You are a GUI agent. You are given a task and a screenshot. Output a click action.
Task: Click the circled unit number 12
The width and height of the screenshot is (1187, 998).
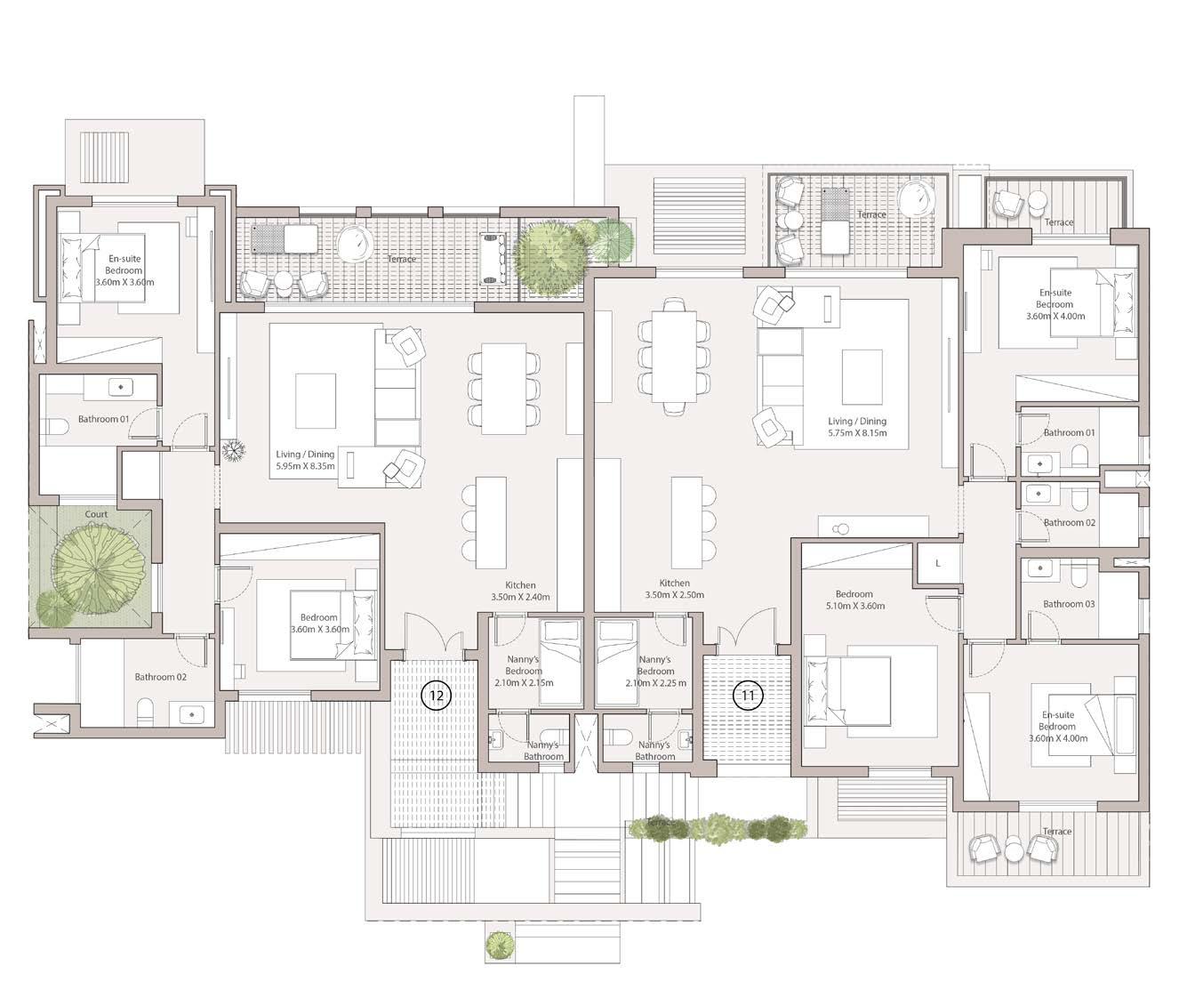[x=436, y=695]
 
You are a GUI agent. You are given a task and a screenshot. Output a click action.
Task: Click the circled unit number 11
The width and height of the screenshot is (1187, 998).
[x=748, y=695]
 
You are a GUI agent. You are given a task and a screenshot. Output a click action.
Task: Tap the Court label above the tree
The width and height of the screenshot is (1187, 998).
[x=96, y=514]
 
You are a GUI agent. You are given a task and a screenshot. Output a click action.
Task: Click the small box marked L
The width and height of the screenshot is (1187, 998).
[x=938, y=564]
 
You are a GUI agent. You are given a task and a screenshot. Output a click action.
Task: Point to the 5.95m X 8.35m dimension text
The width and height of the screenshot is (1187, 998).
[x=305, y=466]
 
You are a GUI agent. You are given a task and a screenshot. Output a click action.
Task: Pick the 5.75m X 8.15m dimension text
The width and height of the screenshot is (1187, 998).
[x=857, y=433]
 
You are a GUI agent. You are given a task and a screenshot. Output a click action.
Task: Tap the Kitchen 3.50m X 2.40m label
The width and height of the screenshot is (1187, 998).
[x=520, y=591]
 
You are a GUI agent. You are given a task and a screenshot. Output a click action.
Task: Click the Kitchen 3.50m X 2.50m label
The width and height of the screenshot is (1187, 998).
[x=674, y=589]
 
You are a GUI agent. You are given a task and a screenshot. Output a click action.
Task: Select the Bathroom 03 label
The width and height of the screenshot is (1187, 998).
[x=1069, y=604]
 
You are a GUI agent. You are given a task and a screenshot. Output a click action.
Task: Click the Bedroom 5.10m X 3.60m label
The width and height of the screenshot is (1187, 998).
[x=854, y=600]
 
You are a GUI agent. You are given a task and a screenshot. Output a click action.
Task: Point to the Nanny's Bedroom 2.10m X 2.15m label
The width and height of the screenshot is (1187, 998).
[x=524, y=671]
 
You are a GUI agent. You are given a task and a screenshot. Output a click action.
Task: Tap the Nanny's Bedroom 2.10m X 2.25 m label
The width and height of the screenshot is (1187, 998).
[x=655, y=671]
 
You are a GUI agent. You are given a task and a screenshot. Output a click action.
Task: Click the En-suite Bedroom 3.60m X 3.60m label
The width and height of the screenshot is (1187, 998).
[x=124, y=270]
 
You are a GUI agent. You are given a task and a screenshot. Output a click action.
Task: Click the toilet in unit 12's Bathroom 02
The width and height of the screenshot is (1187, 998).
[x=145, y=712]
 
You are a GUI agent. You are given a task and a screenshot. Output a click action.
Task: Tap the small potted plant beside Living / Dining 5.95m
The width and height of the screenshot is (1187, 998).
[x=233, y=451]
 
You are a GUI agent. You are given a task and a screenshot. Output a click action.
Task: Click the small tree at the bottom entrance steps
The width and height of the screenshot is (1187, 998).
[x=501, y=946]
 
